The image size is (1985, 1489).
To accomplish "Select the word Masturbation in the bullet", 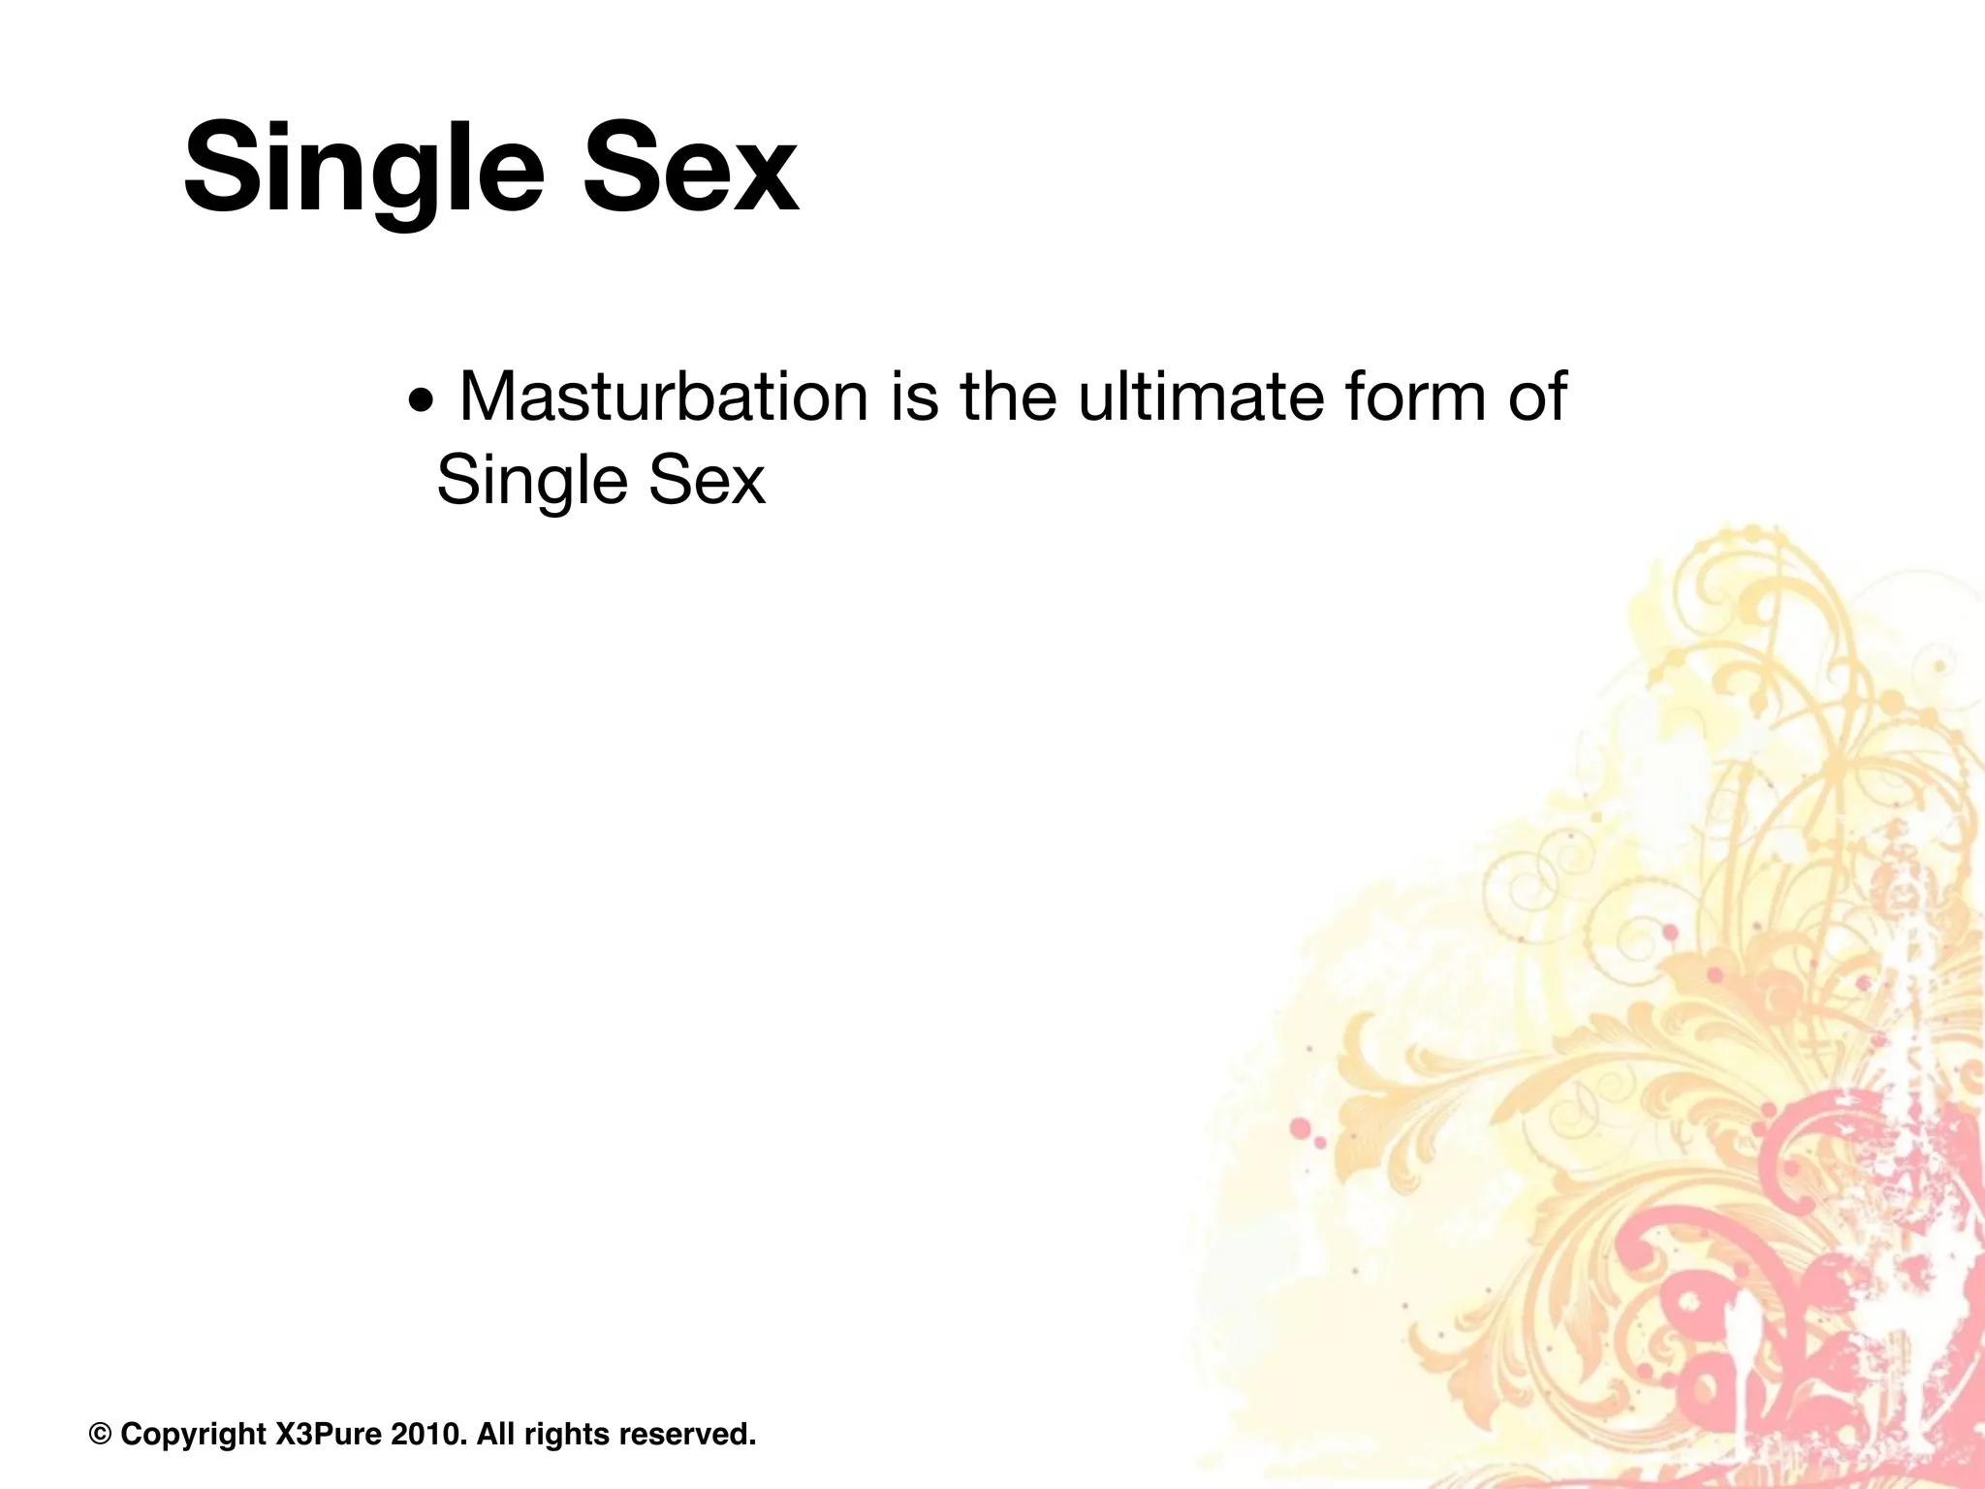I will (663, 396).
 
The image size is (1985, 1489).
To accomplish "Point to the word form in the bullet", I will (1411, 396).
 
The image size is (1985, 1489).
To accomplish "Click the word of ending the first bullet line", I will (1537, 396).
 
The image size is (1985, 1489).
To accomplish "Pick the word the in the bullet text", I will (1008, 396).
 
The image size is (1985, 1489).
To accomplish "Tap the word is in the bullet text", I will (915, 396).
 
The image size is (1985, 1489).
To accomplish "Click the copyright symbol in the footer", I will (100, 1434).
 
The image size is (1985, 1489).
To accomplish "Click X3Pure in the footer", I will (329, 1434).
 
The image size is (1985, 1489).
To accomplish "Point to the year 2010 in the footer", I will (425, 1434).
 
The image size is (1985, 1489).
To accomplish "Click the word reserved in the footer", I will (687, 1434).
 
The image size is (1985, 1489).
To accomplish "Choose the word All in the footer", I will (495, 1434).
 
